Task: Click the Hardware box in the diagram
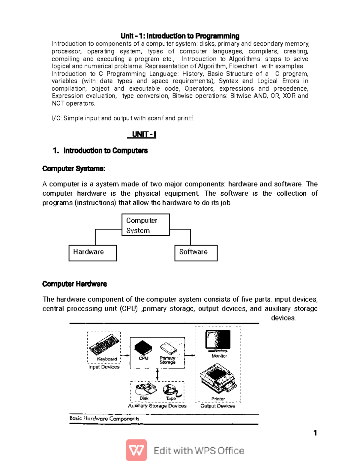pos(92,253)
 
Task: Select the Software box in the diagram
pos(196,253)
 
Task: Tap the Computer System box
pos(145,225)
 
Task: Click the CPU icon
pos(143,348)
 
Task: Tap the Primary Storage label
pos(167,360)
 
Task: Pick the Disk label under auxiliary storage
pos(144,398)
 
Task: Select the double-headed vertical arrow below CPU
pos(157,375)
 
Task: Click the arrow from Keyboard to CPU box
pos(125,356)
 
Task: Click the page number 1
pos(315,433)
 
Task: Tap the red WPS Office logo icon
pos(136,450)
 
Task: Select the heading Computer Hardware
pos(74,284)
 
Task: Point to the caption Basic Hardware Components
pos(104,419)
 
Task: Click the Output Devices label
pos(218,406)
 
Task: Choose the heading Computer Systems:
pos(74,169)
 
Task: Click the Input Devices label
pos(104,367)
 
